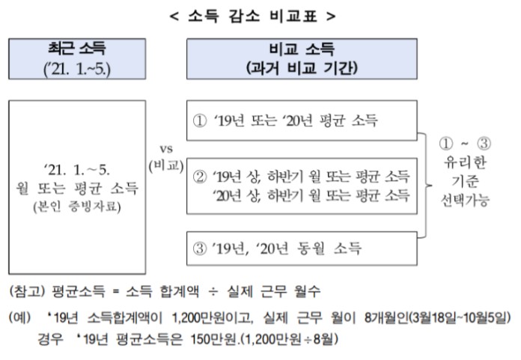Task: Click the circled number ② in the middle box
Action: [200, 178]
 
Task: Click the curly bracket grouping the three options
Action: [430, 183]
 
